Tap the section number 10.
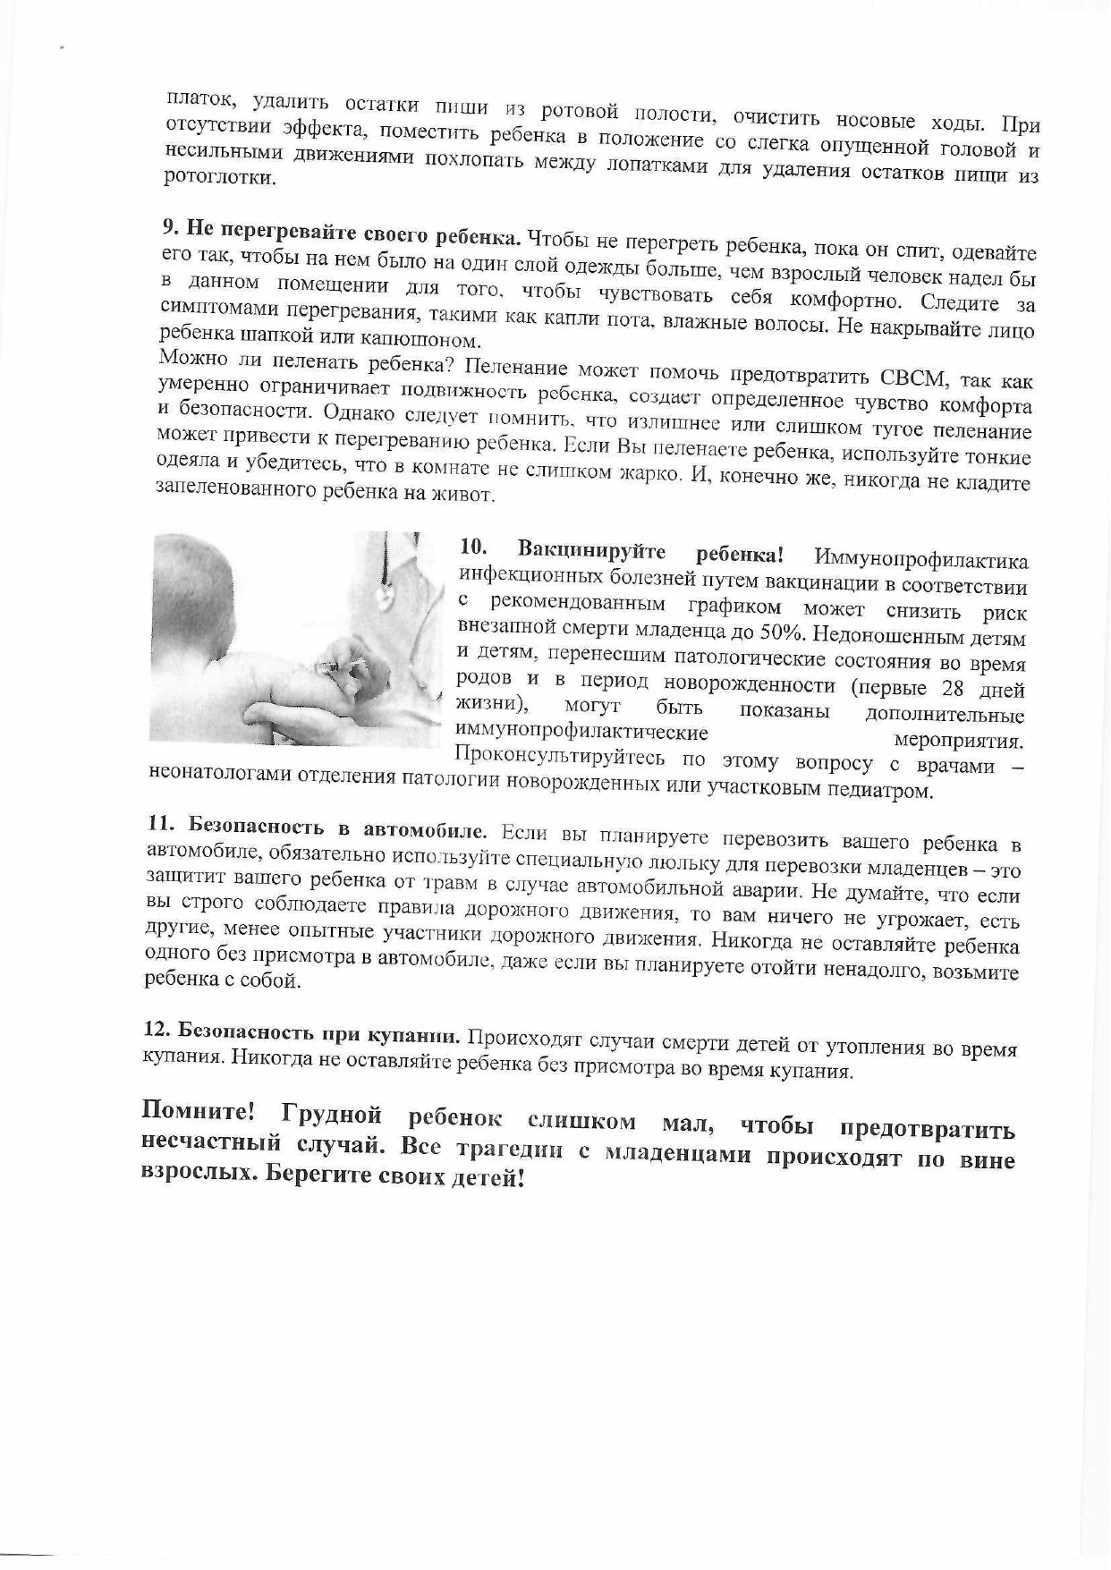tap(473, 546)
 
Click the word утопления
tap(872, 1044)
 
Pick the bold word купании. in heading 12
tap(414, 1035)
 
